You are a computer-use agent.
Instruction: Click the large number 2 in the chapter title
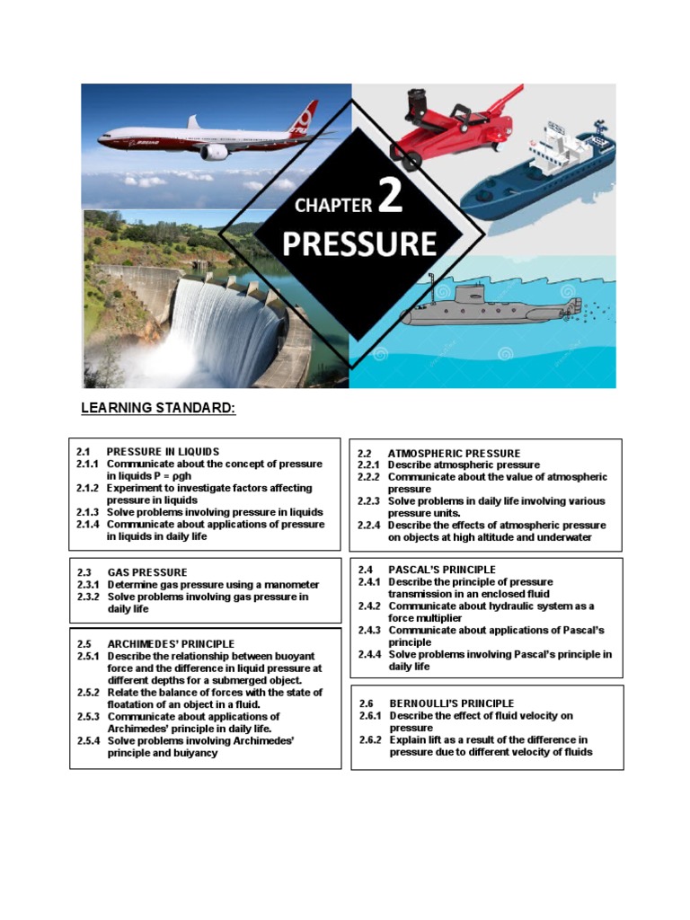point(391,199)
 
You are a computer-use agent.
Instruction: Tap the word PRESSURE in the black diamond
point(359,244)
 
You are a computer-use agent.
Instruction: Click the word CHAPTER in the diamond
point(333,206)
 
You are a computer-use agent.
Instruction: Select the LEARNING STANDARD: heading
point(158,409)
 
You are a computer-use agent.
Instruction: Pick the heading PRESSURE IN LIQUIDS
point(163,452)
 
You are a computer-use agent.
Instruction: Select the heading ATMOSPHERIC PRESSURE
point(454,454)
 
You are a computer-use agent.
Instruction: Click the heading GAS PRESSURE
point(147,572)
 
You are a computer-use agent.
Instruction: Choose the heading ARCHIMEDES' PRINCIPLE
point(171,644)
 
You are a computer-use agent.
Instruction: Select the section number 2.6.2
point(370,740)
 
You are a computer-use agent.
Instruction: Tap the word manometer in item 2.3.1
point(287,584)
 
